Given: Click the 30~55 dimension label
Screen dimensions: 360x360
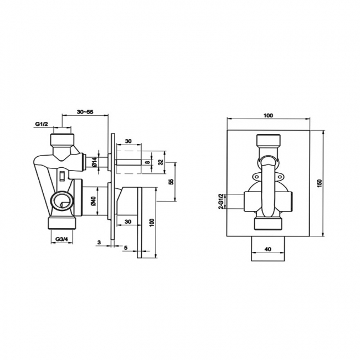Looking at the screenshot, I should pos(85,112).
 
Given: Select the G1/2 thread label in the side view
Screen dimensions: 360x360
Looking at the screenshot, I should pos(42,125).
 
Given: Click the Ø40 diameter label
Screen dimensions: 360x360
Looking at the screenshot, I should pos(94,202).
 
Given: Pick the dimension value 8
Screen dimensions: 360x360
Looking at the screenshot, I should pos(146,162).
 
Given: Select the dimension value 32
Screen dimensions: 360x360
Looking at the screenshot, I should pos(161,162).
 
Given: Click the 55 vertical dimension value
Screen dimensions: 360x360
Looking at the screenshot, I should pos(171,181).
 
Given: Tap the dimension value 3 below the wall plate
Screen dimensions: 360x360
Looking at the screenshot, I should pos(98,242).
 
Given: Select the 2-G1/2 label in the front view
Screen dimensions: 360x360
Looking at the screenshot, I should pos(220,200).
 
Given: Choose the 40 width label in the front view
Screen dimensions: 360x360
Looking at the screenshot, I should pos(268,249).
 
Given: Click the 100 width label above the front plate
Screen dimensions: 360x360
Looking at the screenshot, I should pos(268,115).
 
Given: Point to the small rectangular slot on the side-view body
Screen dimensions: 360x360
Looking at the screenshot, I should pos(62,177).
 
